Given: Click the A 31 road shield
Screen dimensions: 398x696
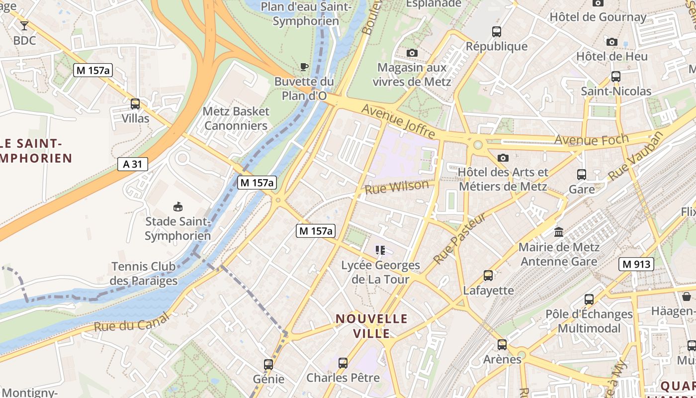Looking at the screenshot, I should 133,164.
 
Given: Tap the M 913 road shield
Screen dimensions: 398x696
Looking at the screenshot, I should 636,264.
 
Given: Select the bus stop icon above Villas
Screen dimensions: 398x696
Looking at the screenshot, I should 135,104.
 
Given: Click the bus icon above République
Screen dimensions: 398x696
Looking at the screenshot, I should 496,32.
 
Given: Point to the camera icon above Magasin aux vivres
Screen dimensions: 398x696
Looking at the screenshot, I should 412,53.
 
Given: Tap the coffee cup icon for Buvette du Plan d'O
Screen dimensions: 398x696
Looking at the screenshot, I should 304,67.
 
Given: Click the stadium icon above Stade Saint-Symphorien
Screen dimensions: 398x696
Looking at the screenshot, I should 177,206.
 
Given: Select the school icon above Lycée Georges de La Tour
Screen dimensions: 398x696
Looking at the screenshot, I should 380,250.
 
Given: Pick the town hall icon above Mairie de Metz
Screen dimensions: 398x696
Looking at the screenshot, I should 559,232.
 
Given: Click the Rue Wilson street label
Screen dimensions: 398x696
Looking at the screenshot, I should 396,187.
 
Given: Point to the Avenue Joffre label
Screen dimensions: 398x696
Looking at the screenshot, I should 398,121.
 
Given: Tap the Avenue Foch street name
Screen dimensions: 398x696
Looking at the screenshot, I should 591,140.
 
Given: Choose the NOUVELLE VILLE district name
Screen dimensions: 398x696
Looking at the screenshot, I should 371,326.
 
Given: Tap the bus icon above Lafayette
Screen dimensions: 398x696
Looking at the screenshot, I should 488,276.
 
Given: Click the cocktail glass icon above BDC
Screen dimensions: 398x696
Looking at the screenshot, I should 24,25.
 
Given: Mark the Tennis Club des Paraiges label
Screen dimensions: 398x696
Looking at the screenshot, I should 143,274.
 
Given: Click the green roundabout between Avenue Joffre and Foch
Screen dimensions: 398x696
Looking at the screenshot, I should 478,145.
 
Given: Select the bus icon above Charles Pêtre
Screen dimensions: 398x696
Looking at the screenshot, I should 343,363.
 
